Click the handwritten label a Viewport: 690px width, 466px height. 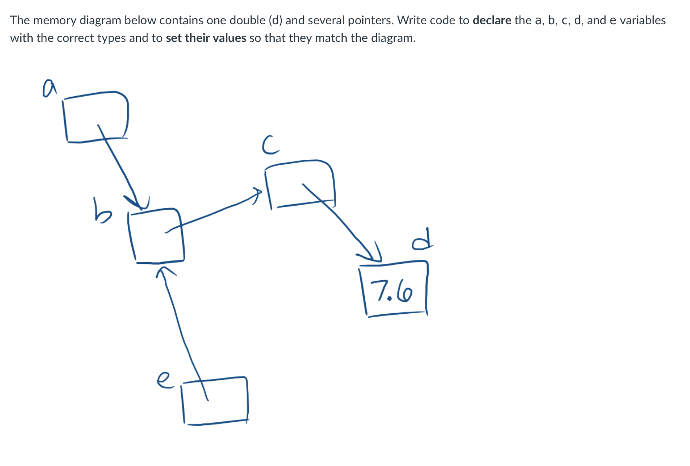tap(49, 87)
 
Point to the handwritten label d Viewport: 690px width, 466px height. tap(422, 239)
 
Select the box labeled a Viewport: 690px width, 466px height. tap(96, 117)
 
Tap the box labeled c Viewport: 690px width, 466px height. tap(300, 184)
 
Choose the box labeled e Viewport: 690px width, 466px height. tap(215, 400)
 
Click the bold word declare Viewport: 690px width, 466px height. tap(492, 20)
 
